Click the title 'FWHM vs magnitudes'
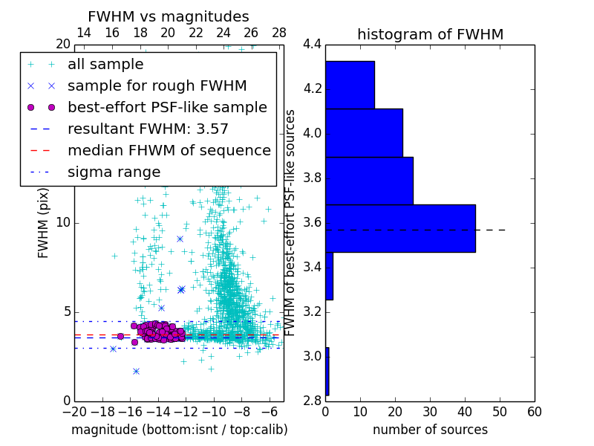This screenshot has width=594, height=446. pyautogui.click(x=168, y=16)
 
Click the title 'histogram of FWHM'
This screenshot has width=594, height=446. pyautogui.click(x=430, y=34)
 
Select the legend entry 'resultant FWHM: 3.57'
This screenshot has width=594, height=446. pyautogui.click(x=148, y=129)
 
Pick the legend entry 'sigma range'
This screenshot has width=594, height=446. pyautogui.click(x=114, y=172)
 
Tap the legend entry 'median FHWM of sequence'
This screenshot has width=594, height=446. pyautogui.click(x=169, y=150)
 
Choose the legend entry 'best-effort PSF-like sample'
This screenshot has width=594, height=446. pyautogui.click(x=167, y=107)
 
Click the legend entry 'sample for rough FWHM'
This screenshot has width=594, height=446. pyautogui.click(x=157, y=85)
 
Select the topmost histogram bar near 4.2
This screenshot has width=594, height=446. pyautogui.click(x=350, y=85)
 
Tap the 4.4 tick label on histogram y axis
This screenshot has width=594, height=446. pyautogui.click(x=313, y=45)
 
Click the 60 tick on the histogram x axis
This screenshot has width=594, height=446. pyautogui.click(x=534, y=411)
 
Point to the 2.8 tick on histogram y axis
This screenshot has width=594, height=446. pyautogui.click(x=313, y=401)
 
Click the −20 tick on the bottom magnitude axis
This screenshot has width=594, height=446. pyautogui.click(x=74, y=411)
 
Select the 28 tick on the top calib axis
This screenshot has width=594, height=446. pyautogui.click(x=279, y=33)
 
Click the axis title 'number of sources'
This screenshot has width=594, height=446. pyautogui.click(x=430, y=430)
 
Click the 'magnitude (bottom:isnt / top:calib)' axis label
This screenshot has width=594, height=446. pyautogui.click(x=179, y=430)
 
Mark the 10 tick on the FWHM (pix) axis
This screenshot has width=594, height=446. pyautogui.click(x=63, y=223)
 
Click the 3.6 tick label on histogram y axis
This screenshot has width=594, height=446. pyautogui.click(x=313, y=223)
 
